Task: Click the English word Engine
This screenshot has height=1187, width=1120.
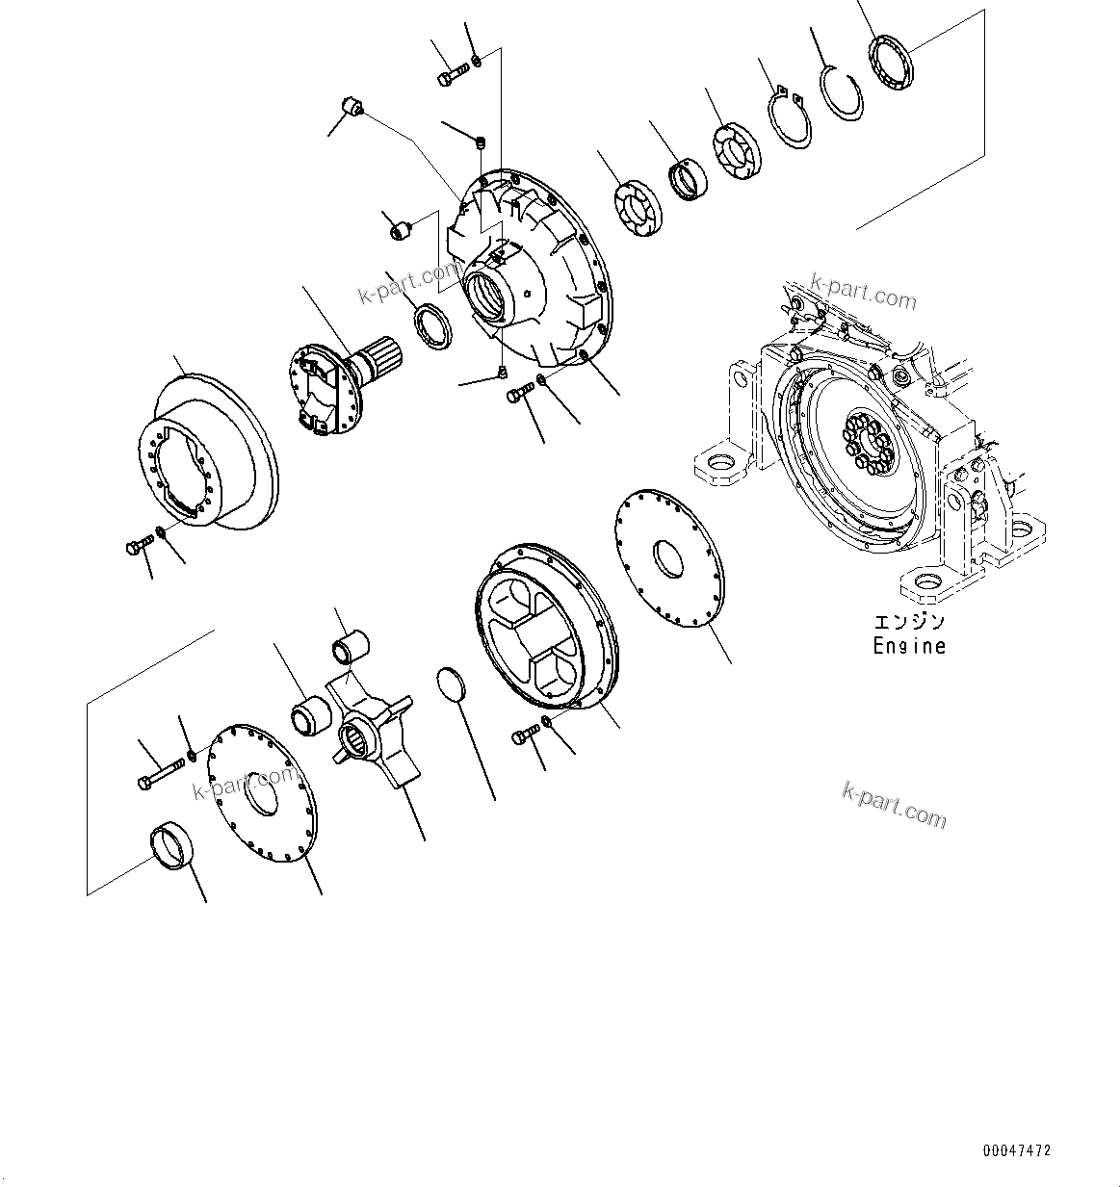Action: point(908,646)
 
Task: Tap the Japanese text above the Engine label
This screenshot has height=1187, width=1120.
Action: point(908,623)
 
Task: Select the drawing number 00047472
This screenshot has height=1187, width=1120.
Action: point(1017,1150)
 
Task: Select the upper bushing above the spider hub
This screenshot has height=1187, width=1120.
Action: point(351,647)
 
